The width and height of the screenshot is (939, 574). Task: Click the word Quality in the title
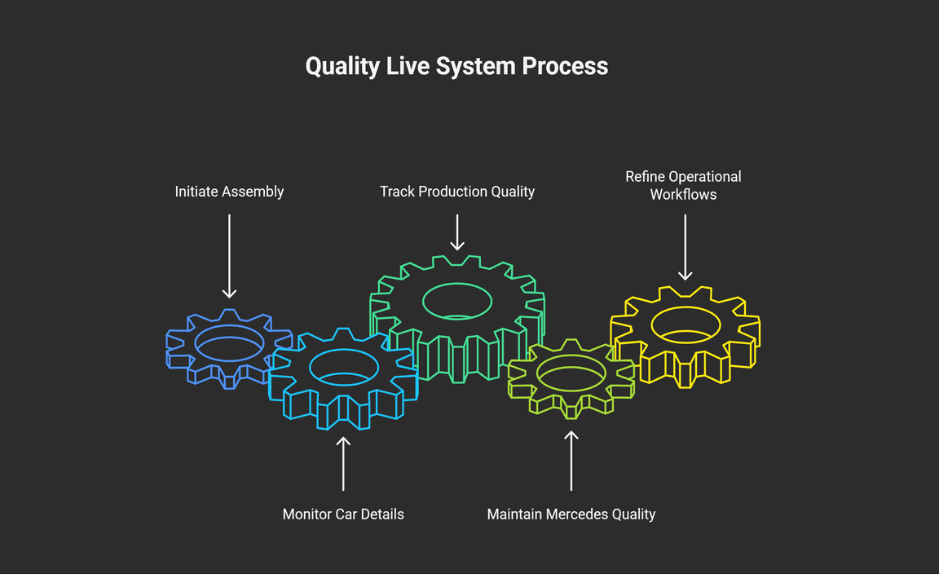pyautogui.click(x=342, y=66)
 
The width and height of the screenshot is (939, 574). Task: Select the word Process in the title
pyautogui.click(x=565, y=66)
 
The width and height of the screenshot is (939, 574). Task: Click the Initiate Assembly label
pyautogui.click(x=229, y=192)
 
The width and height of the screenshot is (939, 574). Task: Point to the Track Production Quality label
pyautogui.click(x=457, y=192)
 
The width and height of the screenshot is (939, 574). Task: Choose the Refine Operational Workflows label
pyautogui.click(x=683, y=185)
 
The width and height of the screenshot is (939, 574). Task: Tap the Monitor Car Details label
pyautogui.click(x=343, y=514)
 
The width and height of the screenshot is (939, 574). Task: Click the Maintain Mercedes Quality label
pyautogui.click(x=571, y=514)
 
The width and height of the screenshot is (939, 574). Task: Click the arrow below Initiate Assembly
pyautogui.click(x=229, y=256)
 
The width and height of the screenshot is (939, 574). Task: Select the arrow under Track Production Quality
pyautogui.click(x=457, y=232)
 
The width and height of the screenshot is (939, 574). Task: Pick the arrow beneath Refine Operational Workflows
pyautogui.click(x=685, y=247)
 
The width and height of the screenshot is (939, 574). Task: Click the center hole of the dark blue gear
pyautogui.click(x=229, y=342)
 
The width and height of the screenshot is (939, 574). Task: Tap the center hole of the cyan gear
pyautogui.click(x=343, y=366)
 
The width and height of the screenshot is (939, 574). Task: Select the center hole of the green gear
pyautogui.click(x=457, y=301)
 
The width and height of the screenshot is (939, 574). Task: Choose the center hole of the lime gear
pyautogui.click(x=571, y=373)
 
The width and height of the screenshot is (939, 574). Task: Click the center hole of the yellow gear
pyautogui.click(x=686, y=324)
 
